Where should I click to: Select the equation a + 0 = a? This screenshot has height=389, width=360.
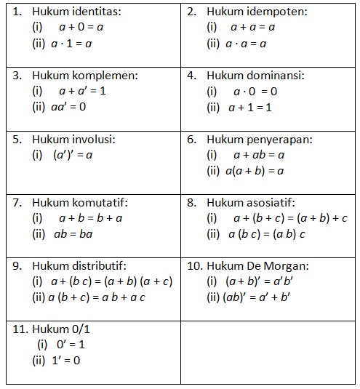81,28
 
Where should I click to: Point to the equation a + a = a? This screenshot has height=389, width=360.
252,28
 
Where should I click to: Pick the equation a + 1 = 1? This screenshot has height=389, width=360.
249,106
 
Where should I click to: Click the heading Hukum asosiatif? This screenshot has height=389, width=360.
251,202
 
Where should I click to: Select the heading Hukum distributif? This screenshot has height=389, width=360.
79,265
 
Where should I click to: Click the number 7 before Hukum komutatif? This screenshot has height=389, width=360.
17,202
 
